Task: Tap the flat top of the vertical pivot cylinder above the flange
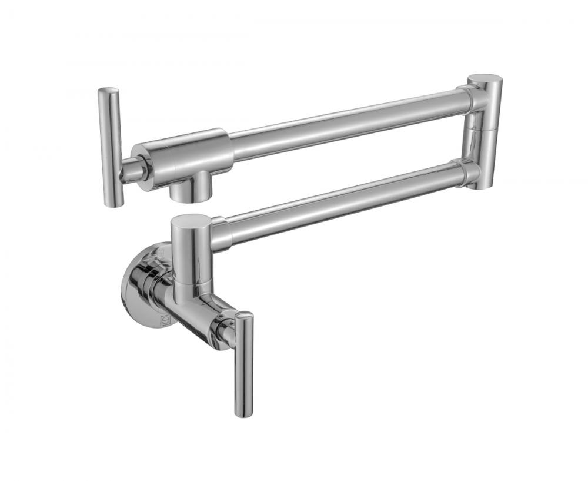[189, 221]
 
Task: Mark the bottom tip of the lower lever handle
[244, 412]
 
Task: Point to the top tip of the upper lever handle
[108, 91]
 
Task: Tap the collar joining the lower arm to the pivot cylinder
[219, 233]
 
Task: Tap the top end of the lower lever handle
[244, 318]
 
